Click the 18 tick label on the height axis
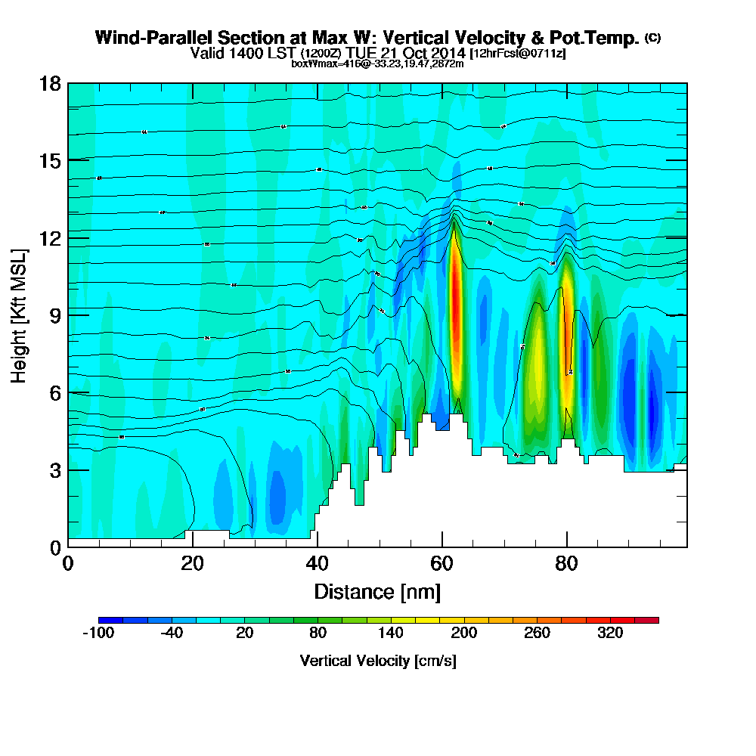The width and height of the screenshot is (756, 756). (x=49, y=83)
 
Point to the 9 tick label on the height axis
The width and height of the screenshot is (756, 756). (x=54, y=315)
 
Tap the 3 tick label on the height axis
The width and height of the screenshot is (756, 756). (x=54, y=470)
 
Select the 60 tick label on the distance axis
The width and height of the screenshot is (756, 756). (x=442, y=565)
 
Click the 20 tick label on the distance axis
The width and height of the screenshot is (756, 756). (x=193, y=565)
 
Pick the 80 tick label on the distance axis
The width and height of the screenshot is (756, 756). (x=566, y=565)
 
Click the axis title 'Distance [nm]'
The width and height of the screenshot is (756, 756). (x=377, y=590)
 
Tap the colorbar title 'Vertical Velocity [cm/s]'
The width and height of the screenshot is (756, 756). (x=378, y=661)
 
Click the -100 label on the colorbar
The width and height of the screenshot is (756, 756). (x=98, y=634)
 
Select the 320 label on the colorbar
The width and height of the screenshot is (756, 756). (x=610, y=634)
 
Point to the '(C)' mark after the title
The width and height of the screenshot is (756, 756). (x=652, y=37)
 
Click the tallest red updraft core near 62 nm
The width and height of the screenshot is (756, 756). (x=455, y=302)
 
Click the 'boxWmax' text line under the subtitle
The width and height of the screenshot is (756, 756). (x=377, y=64)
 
